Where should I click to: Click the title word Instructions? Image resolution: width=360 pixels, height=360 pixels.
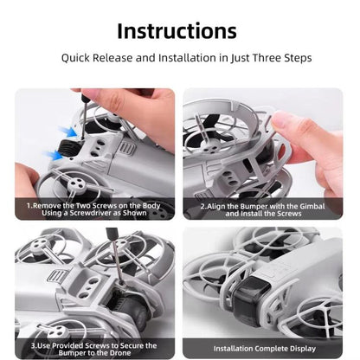click(x=177, y=31)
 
